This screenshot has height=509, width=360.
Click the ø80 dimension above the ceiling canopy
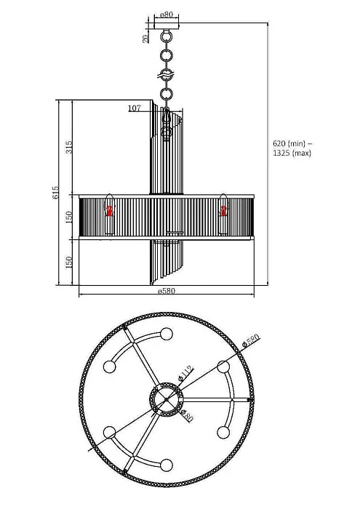pyautogui.click(x=166, y=14)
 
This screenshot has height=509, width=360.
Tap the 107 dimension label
pyautogui.click(x=134, y=108)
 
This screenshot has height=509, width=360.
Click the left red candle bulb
pyautogui.click(x=111, y=211)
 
